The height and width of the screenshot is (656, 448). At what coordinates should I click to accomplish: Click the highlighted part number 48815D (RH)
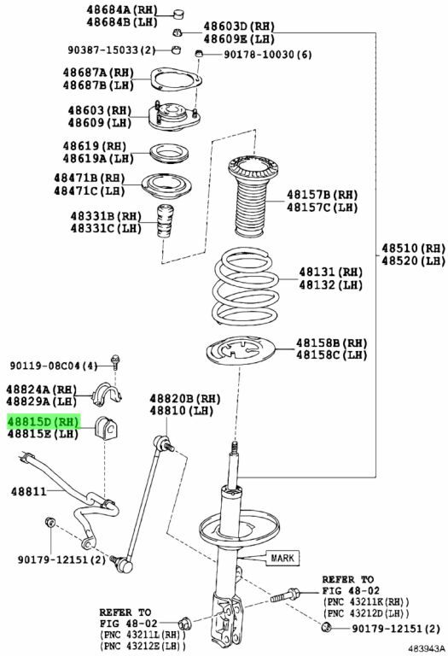(x=43, y=421)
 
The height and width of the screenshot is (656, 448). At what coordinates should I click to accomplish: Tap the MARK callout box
(x=282, y=558)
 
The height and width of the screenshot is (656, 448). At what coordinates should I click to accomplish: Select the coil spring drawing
(x=246, y=287)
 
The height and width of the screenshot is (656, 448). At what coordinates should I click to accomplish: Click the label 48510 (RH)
(x=413, y=249)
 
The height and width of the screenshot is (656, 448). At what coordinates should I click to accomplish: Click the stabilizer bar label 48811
(x=29, y=491)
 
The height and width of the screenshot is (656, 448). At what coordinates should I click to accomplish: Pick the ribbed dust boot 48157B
(x=253, y=196)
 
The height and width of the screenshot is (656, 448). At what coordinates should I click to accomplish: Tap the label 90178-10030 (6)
(x=268, y=55)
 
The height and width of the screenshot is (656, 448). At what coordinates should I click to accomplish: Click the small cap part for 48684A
(x=180, y=14)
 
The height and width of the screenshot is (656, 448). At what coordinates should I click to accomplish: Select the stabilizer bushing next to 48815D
(x=107, y=428)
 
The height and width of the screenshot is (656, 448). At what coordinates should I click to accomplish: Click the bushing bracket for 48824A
(x=106, y=394)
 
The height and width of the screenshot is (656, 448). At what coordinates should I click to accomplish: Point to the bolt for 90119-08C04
(x=115, y=361)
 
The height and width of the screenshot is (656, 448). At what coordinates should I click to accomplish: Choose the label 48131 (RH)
(x=330, y=272)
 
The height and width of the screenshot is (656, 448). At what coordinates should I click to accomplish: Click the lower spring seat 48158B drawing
(x=241, y=350)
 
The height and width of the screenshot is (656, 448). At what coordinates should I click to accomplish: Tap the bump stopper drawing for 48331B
(x=166, y=220)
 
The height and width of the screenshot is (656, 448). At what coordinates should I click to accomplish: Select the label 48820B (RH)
(x=185, y=399)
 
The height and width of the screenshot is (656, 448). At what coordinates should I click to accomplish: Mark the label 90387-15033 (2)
(x=112, y=50)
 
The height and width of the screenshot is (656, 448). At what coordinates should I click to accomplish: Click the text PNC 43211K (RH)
(x=366, y=601)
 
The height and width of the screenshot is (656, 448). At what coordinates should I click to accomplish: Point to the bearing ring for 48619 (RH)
(x=169, y=154)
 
